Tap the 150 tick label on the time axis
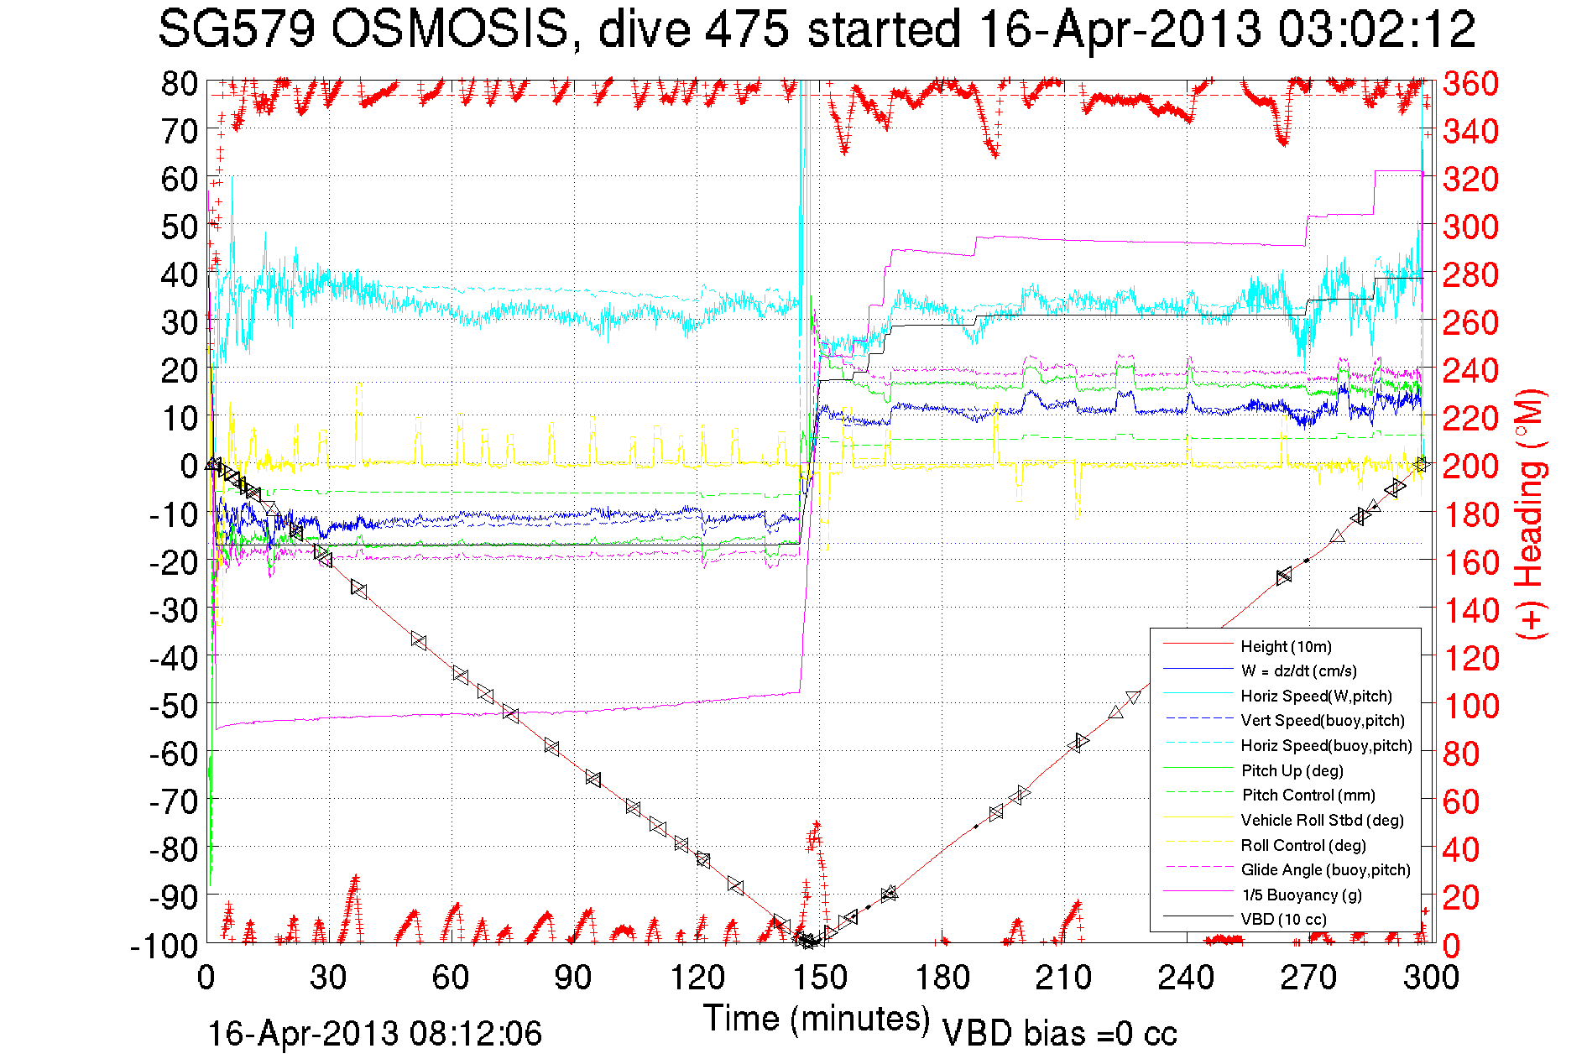point(819,978)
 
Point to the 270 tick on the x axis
point(1308,978)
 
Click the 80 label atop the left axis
point(180,84)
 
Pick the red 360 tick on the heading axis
point(1470,84)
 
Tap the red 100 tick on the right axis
point(1470,707)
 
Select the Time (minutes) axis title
point(817,1019)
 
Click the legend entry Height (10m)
point(1286,646)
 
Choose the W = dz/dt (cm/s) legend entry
point(1298,671)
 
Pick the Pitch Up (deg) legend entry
point(1292,770)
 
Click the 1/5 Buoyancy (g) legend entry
point(1302,895)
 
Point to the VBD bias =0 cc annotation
point(1059,1034)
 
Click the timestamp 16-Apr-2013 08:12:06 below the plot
point(374,1034)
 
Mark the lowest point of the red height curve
point(807,942)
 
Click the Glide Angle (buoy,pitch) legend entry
point(1325,870)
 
